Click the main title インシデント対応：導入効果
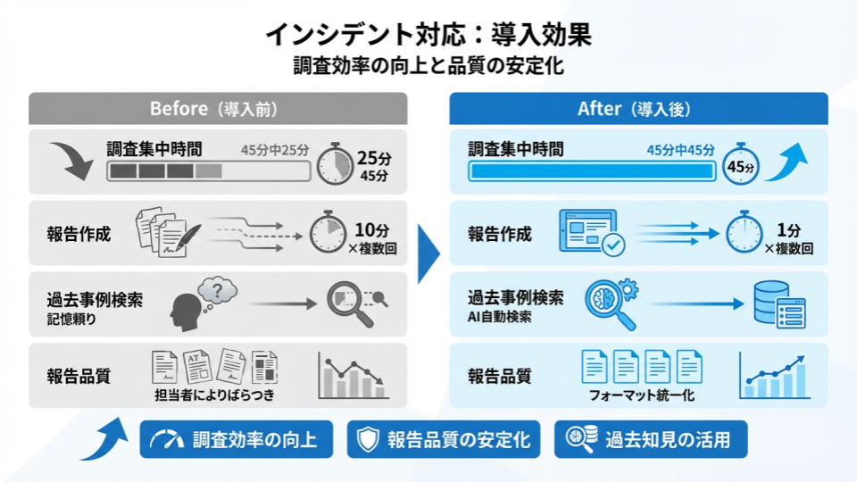point(428,36)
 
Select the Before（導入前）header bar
point(218,108)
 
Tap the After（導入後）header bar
point(638,108)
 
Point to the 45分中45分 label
point(680,149)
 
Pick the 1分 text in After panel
point(788,228)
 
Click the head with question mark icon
point(202,302)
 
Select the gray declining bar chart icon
point(352,375)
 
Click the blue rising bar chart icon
point(773,375)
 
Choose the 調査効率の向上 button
point(236,439)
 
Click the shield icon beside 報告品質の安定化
point(367,439)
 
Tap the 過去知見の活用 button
point(651,439)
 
